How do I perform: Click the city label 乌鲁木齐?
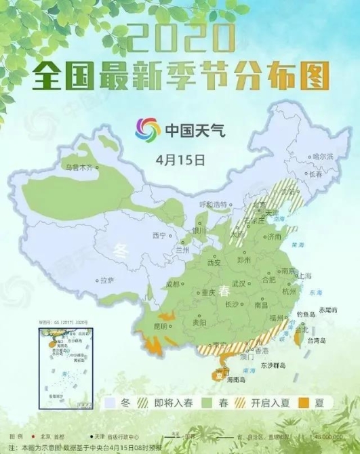pyautogui.click(x=77, y=166)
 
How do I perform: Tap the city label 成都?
pyautogui.click(x=173, y=284)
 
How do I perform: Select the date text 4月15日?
pyautogui.click(x=179, y=160)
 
